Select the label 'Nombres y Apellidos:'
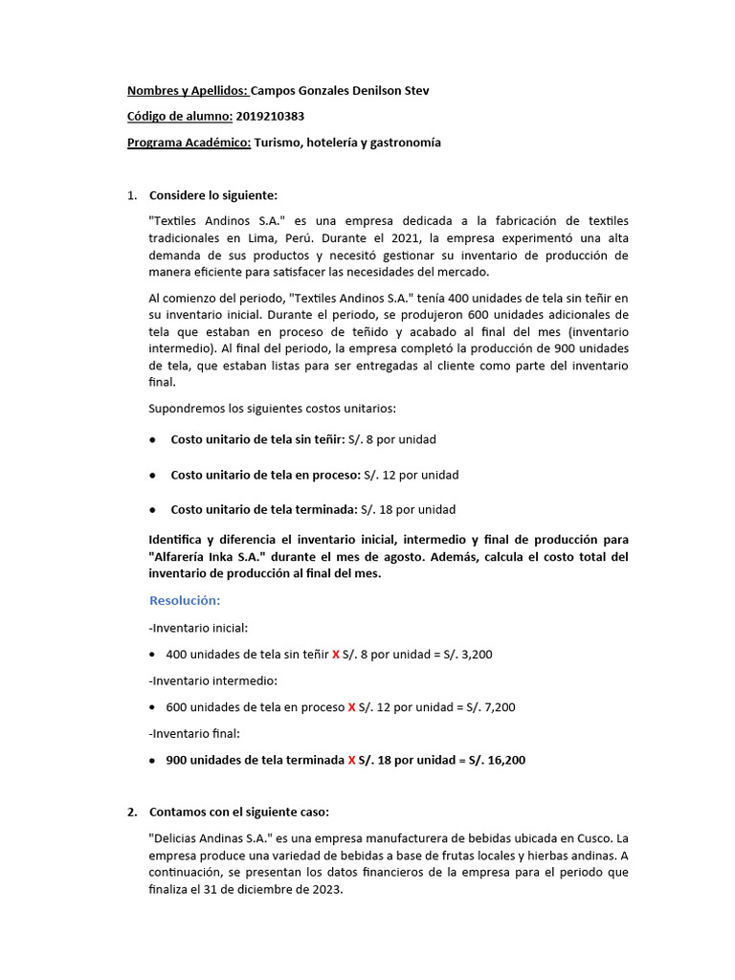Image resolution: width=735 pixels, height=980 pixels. coord(187,91)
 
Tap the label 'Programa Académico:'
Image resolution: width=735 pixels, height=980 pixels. coord(189,142)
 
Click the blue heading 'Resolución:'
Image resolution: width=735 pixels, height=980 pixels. coord(185,600)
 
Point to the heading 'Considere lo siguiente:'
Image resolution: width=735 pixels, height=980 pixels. coord(212,195)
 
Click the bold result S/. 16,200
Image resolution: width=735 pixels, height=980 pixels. coord(495,760)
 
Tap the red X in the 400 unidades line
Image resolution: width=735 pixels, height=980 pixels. coord(335,655)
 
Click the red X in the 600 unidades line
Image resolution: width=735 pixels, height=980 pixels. coord(351,707)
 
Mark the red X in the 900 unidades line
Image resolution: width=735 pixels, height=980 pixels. coord(351,760)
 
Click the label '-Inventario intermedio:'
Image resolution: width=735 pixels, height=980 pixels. coord(212,680)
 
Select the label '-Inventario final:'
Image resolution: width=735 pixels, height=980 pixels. coord(195,733)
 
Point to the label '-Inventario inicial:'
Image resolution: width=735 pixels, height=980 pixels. coord(198,628)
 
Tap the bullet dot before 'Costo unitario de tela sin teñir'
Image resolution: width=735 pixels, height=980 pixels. coord(154,440)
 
